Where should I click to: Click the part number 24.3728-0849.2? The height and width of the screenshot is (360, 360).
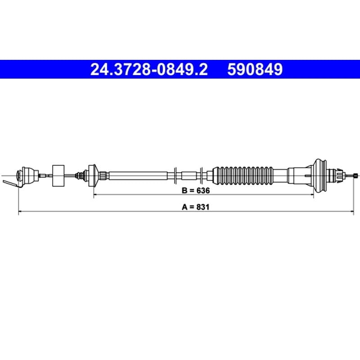(149, 69)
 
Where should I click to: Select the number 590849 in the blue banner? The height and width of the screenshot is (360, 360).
(255, 69)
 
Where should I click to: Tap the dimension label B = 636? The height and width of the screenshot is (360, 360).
(196, 190)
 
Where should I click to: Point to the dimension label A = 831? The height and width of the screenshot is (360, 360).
(196, 207)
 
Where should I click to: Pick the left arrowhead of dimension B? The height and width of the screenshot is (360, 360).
(95, 195)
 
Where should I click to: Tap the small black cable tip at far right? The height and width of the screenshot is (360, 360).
(355, 175)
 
